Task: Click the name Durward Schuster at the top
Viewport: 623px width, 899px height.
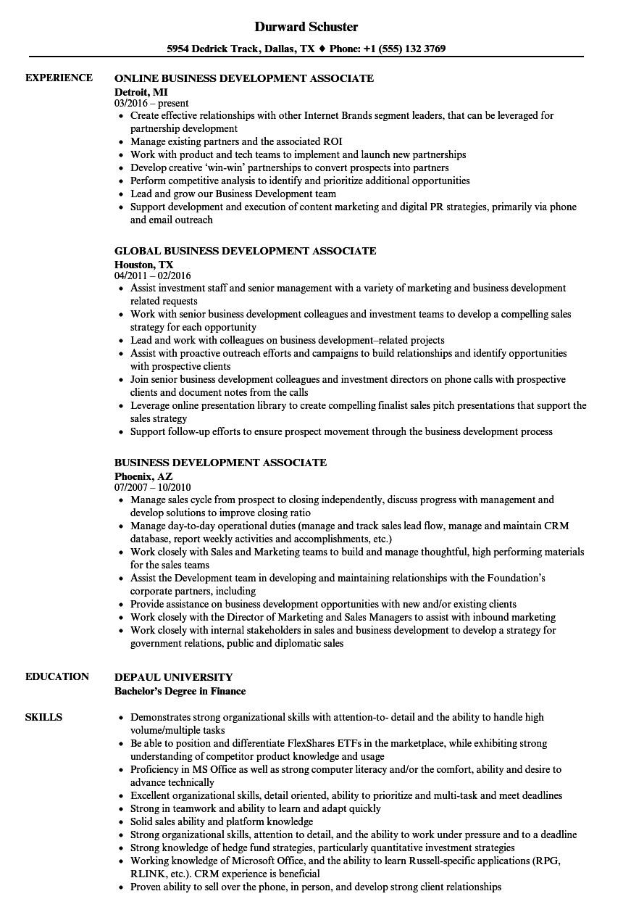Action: pos(306,27)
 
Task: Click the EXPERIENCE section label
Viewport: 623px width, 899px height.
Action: pos(59,78)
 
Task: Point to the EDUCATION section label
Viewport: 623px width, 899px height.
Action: pos(57,676)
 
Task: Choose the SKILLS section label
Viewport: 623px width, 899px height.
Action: pos(44,717)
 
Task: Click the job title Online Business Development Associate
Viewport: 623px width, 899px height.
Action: pos(244,78)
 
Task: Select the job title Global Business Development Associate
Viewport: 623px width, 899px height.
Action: pos(246,251)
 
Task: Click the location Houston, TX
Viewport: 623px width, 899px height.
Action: pos(144,265)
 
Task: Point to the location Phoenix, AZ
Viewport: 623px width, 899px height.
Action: pos(143,476)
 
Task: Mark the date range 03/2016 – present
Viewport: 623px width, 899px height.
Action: pos(151,104)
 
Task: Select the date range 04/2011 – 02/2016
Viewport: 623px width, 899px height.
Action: pos(153,276)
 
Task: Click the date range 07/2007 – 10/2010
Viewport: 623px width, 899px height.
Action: pos(153,488)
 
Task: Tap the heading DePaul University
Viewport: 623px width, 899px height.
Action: pos(173,676)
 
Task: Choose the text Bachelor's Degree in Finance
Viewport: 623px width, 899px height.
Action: pos(180,691)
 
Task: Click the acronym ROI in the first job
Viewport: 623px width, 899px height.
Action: pos(333,141)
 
